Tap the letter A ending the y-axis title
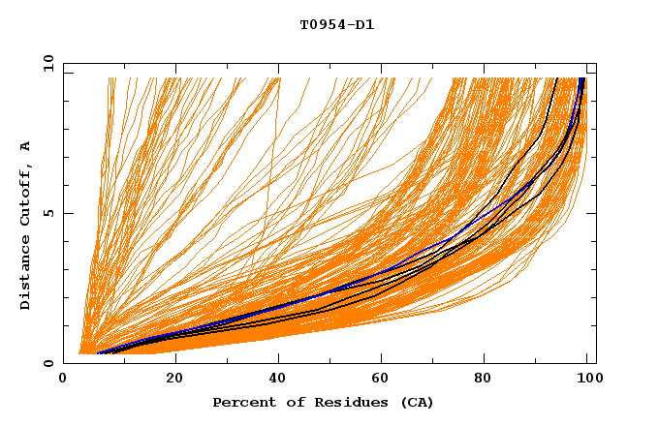[x=25, y=146]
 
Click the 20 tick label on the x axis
[x=174, y=379]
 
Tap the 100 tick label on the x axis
[x=585, y=379]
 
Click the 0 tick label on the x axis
[x=64, y=379]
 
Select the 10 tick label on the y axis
[x=46, y=63]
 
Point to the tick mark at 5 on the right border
[x=592, y=213]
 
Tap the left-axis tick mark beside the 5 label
[x=67, y=213]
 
